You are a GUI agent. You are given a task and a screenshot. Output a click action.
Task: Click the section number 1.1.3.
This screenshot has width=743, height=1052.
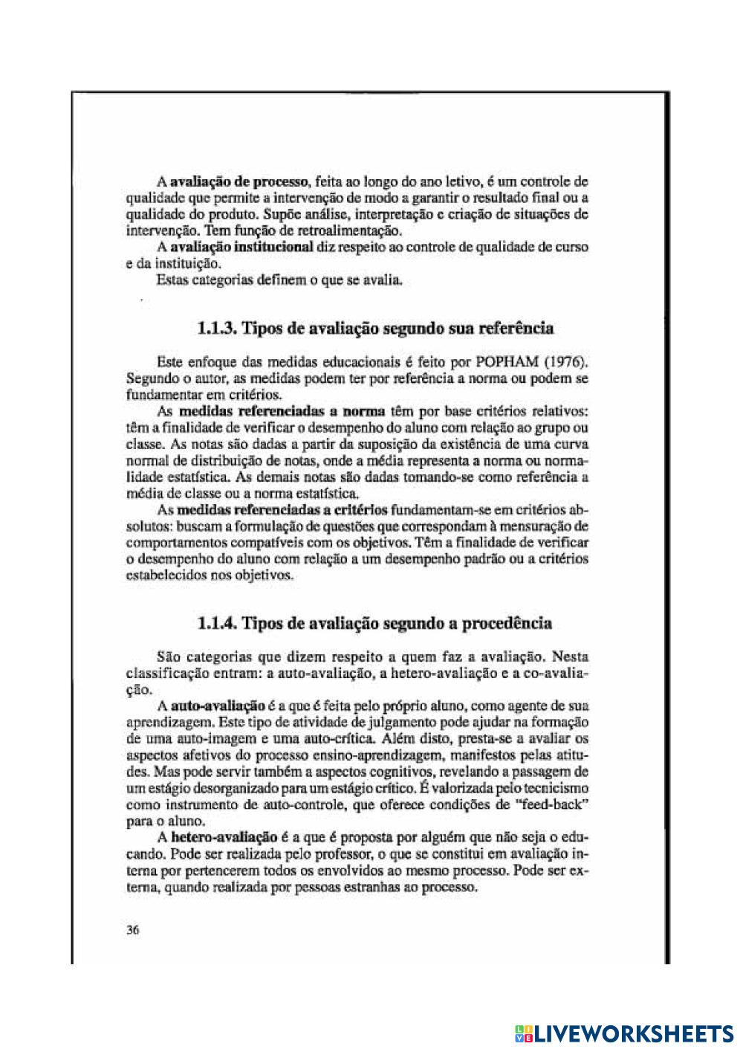point(219,328)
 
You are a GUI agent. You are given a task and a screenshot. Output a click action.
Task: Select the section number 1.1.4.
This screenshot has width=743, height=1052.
point(219,623)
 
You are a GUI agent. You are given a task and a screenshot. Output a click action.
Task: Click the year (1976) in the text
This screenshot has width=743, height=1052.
point(561,363)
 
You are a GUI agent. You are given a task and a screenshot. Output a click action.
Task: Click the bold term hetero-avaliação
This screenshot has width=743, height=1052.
point(224,837)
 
